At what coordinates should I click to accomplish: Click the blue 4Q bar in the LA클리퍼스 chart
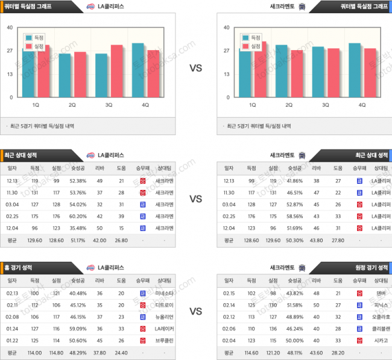[x=138, y=70]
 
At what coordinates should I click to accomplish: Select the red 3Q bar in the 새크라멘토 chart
[x=333, y=72]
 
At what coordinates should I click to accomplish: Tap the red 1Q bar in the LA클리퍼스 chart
[x=44, y=71]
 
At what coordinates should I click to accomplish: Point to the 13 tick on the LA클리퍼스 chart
[x=10, y=74]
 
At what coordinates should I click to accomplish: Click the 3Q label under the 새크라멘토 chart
[x=326, y=105]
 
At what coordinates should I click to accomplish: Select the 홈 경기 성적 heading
[x=21, y=267]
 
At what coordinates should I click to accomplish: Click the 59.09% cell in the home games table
[x=78, y=329]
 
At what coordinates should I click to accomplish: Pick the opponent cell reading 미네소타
[x=163, y=293]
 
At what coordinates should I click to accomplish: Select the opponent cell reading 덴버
[x=380, y=293]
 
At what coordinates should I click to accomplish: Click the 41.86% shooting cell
[x=294, y=180]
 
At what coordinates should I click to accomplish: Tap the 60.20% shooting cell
[x=78, y=216]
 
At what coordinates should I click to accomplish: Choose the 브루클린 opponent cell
[x=163, y=341]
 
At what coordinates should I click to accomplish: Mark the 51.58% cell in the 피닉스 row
[x=294, y=305]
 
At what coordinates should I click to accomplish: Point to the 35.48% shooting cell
[x=78, y=228]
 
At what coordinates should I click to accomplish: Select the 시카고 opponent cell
[x=380, y=341]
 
